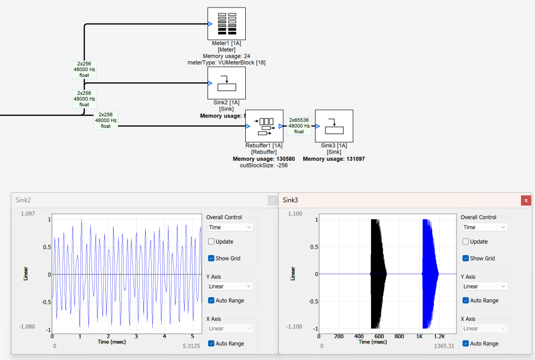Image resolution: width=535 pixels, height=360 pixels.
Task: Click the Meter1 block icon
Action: (226, 23)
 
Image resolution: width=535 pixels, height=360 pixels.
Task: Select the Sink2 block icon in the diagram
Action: (226, 83)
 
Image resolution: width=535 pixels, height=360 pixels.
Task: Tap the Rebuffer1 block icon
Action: (264, 126)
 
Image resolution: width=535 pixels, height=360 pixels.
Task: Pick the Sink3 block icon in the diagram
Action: (334, 126)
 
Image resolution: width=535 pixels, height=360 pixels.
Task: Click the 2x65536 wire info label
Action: (299, 126)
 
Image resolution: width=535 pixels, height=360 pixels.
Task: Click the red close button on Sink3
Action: (526, 200)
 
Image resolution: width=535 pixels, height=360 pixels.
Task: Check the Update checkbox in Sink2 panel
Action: (211, 242)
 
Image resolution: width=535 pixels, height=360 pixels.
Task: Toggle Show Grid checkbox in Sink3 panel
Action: (466, 258)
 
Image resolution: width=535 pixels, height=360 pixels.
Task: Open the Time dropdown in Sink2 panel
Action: (230, 227)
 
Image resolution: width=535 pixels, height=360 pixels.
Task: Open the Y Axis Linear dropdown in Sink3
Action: (484, 286)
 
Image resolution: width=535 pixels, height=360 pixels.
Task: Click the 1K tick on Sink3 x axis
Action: (419, 336)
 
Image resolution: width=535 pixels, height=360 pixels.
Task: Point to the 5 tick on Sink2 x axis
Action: (192, 336)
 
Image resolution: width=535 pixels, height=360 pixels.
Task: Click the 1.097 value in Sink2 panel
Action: (27, 214)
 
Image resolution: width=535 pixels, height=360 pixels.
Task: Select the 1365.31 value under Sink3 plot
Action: (445, 346)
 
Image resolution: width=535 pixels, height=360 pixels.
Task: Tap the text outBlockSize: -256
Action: (264, 165)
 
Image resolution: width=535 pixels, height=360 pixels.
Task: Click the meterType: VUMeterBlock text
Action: (226, 62)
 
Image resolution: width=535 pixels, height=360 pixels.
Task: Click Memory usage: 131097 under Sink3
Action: (333, 159)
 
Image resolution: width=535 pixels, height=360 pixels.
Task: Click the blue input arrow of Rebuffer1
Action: (247, 126)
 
